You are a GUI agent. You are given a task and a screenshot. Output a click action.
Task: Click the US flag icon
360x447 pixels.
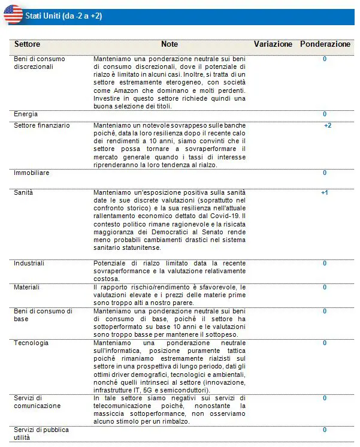click(13, 14)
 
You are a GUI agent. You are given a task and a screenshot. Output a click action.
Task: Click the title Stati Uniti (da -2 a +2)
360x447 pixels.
click(63, 16)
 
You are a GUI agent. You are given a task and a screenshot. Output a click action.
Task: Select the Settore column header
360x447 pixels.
click(27, 44)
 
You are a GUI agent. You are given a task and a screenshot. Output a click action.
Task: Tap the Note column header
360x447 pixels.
click(170, 44)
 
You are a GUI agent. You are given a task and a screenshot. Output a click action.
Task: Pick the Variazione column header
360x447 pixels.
click(273, 44)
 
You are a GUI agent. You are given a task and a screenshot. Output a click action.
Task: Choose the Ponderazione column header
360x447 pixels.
click(325, 44)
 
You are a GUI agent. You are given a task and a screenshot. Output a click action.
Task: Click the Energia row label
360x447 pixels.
click(26, 114)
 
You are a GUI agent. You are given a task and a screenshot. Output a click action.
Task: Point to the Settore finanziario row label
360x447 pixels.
click(41, 126)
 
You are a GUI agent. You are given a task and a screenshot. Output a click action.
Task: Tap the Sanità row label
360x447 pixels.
click(23, 193)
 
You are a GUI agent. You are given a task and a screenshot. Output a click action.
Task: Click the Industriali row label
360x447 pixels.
click(29, 263)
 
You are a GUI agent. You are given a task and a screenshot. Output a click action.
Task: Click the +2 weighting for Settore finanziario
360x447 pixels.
click(328, 126)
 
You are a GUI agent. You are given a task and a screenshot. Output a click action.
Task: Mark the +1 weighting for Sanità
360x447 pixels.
click(325, 193)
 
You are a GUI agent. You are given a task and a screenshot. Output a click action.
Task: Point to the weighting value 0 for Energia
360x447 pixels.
click(325, 114)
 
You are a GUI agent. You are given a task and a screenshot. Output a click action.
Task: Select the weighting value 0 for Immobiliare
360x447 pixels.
click(325, 173)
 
